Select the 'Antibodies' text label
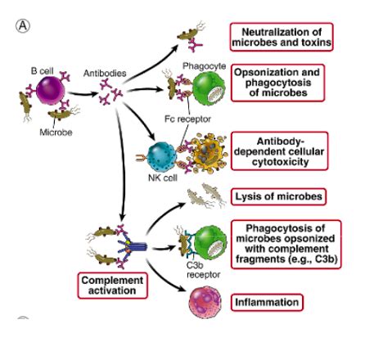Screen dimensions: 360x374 coord(105,74)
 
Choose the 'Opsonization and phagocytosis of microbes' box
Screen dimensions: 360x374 coord(278,82)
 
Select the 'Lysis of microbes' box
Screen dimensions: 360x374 coord(273,196)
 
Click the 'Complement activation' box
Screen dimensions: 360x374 coord(110,284)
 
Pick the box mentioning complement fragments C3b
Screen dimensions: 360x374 coord(282,242)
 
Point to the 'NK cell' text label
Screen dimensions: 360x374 coord(161,180)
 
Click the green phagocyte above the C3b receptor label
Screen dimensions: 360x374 coord(198,241)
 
